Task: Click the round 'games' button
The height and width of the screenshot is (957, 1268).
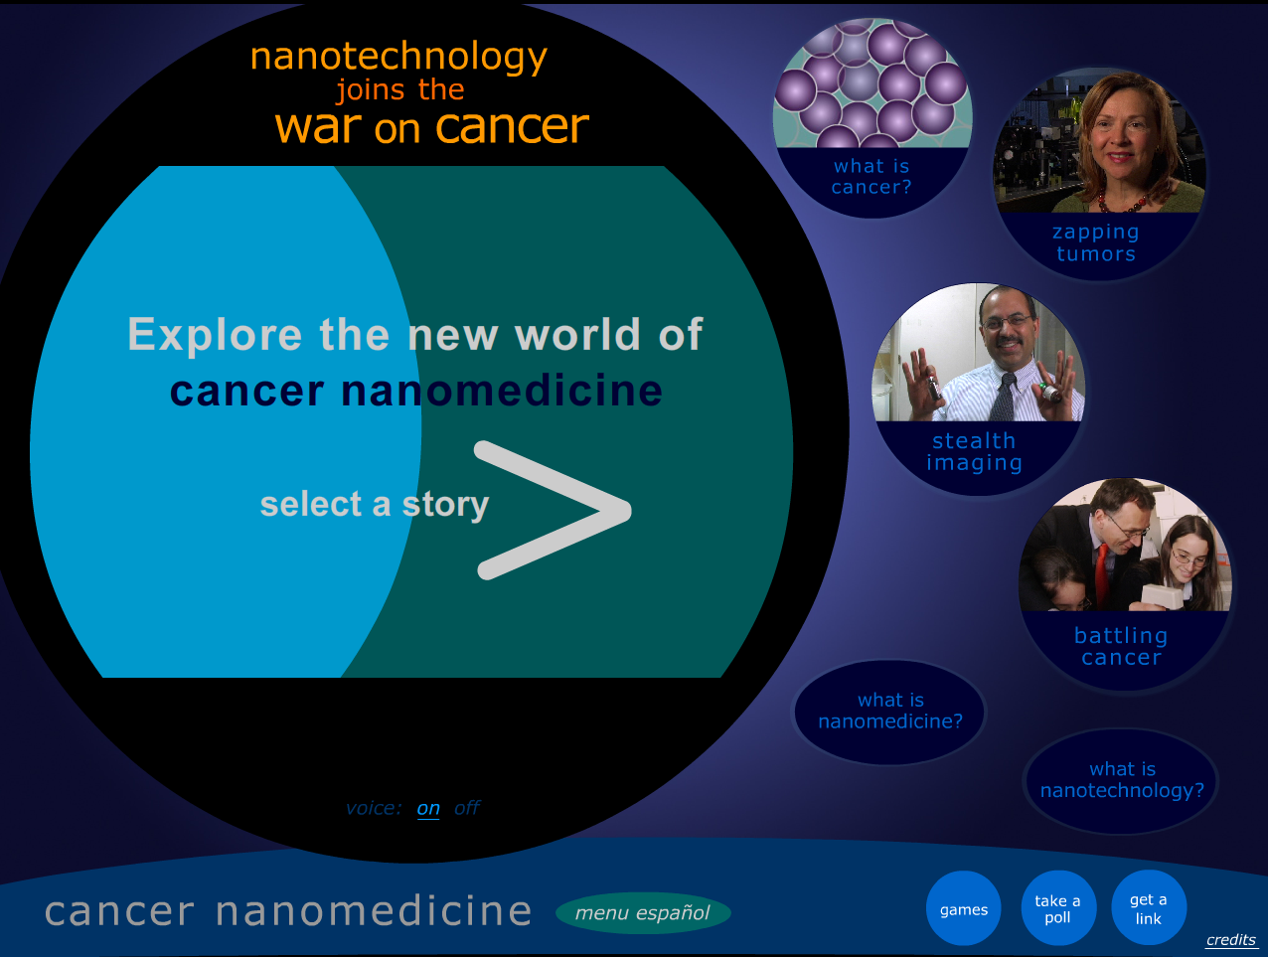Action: point(963,908)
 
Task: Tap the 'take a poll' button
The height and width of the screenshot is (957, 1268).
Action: point(1058,908)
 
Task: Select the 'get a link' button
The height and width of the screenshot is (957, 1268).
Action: point(1149,908)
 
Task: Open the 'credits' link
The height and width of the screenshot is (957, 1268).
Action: point(1231,940)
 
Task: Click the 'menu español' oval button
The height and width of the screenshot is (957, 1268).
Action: point(643,913)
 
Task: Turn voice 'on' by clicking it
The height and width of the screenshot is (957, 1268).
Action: point(428,808)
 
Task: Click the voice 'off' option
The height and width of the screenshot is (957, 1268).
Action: point(467,807)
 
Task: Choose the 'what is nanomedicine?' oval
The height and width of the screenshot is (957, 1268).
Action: point(889,713)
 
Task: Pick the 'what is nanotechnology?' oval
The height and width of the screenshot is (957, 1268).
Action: point(1121,781)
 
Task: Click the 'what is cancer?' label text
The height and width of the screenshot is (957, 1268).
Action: point(872,177)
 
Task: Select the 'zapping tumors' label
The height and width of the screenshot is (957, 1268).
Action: point(1096,242)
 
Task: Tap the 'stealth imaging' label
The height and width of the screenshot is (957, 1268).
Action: point(975,451)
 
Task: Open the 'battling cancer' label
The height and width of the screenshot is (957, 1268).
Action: point(1121,646)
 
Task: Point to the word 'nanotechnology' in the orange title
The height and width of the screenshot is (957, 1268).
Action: point(398,58)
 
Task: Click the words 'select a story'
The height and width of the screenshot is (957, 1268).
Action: point(375,504)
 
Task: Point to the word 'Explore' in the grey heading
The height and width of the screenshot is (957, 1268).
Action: point(215,335)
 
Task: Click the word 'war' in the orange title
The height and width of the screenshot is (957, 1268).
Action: point(318,127)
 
